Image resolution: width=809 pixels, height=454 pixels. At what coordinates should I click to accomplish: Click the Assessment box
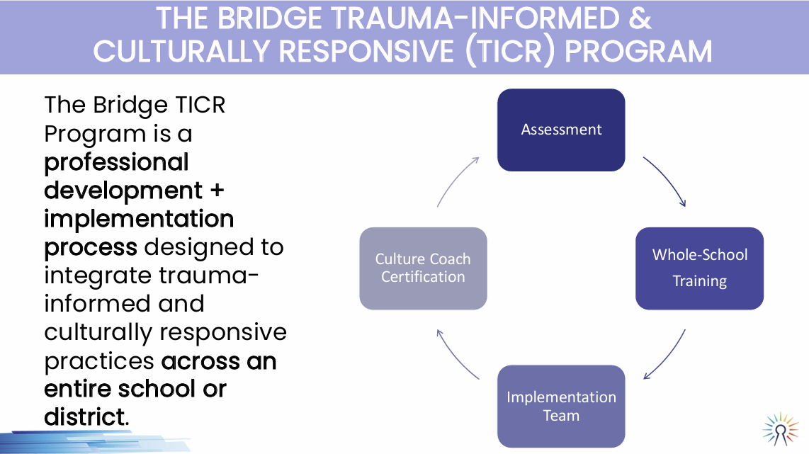[561, 130]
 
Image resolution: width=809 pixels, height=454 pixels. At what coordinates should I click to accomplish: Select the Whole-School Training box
[699, 268]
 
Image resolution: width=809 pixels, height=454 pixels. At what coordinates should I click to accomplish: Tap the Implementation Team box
[561, 406]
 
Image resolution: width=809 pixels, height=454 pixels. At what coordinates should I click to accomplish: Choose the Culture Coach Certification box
[423, 268]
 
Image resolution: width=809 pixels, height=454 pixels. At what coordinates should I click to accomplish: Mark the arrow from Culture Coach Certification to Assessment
[456, 180]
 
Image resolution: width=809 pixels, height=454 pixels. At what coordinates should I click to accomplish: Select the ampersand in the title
[639, 19]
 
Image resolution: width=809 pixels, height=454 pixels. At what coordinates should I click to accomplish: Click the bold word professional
[116, 162]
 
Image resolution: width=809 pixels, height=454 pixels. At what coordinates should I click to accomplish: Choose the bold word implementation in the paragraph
[139, 219]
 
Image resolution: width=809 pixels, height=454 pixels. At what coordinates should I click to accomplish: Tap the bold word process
[91, 247]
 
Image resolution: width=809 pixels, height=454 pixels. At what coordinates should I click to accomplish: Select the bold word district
[84, 417]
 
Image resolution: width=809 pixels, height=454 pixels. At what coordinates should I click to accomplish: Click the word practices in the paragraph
[99, 361]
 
